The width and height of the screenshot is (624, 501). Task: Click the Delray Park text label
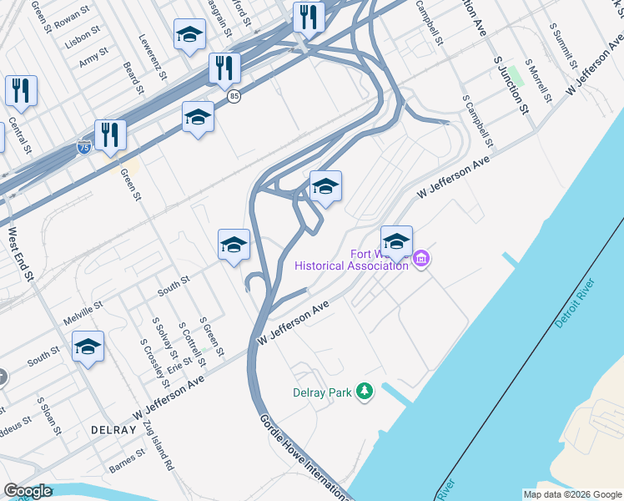pyautogui.click(x=322, y=392)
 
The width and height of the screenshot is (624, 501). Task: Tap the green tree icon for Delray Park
pyautogui.click(x=364, y=390)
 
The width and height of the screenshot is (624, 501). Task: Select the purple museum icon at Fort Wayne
pyautogui.click(x=421, y=260)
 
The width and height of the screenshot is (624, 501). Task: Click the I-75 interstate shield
pyautogui.click(x=83, y=147)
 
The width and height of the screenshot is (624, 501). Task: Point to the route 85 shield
pyautogui.click(x=235, y=97)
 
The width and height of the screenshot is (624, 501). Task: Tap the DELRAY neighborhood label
pyautogui.click(x=113, y=429)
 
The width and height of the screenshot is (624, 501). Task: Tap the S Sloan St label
pyautogui.click(x=47, y=412)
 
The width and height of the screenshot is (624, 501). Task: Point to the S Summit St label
pyautogui.click(x=565, y=46)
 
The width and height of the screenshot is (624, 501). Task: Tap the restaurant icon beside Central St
pyautogui.click(x=21, y=91)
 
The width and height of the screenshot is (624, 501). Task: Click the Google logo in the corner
pyautogui.click(x=28, y=491)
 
